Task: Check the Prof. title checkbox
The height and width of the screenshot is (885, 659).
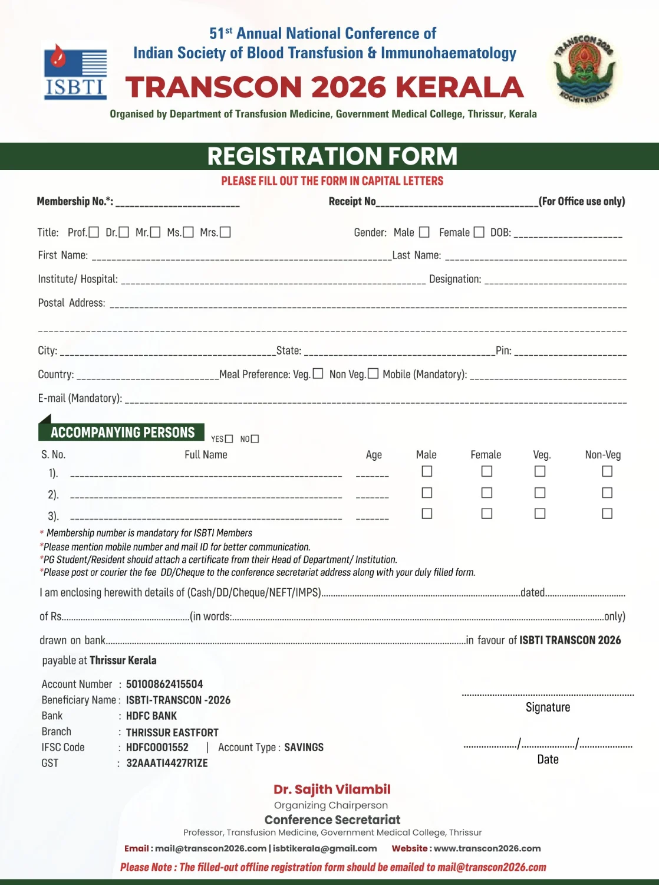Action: click(x=94, y=232)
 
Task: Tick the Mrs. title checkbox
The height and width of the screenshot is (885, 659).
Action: click(x=225, y=232)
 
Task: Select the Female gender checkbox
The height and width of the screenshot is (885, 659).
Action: click(x=479, y=232)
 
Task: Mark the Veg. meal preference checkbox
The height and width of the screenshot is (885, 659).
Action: click(x=318, y=373)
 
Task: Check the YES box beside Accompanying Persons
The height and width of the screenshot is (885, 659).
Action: click(x=229, y=439)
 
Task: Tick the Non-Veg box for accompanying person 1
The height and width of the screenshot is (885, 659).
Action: click(x=607, y=471)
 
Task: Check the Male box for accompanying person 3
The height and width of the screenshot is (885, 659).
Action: click(x=427, y=514)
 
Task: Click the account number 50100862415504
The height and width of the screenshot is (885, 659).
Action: click(x=164, y=684)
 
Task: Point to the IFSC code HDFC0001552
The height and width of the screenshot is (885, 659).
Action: click(x=157, y=748)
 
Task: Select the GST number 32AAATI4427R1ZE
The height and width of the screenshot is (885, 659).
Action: click(x=167, y=763)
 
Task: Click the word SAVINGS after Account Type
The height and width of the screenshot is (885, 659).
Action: click(x=304, y=748)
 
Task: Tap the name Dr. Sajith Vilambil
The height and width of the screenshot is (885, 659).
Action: click(x=332, y=789)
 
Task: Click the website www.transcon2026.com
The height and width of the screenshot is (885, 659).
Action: click(x=487, y=848)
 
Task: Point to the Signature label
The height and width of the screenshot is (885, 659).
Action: click(x=548, y=707)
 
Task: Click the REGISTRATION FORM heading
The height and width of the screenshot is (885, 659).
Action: click(x=332, y=156)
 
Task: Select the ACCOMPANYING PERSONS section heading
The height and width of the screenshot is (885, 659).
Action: click(x=123, y=432)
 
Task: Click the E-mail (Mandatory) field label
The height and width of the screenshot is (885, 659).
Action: click(x=80, y=398)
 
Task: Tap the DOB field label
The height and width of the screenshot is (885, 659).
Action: click(x=500, y=232)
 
